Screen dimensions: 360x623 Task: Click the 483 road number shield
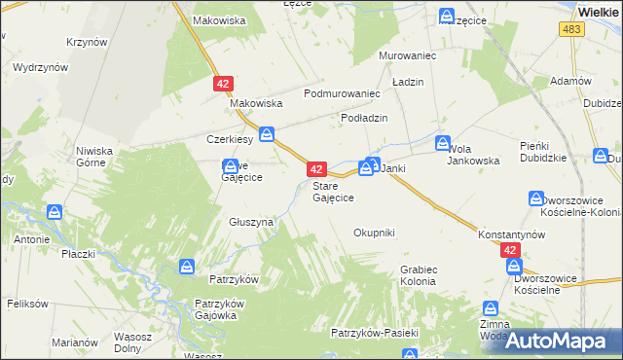pyautogui.click(x=571, y=31)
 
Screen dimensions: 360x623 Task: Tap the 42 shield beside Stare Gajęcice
pyautogui.click(x=315, y=168)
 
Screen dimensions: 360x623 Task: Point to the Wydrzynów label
pyautogui.click(x=40, y=68)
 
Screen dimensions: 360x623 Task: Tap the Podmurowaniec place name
pyautogui.click(x=341, y=93)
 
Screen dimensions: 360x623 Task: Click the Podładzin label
pyautogui.click(x=364, y=117)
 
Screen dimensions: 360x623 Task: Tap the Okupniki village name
pyautogui.click(x=374, y=233)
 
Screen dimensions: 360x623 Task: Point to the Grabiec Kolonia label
pyautogui.click(x=418, y=275)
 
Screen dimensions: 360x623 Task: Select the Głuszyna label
pyautogui.click(x=251, y=222)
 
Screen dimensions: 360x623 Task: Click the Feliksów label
pyautogui.click(x=26, y=304)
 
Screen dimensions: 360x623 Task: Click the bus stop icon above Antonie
pyautogui.click(x=55, y=212)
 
